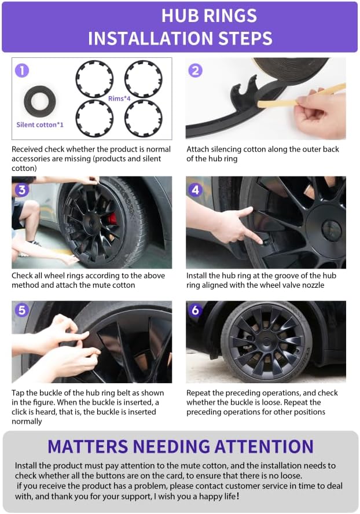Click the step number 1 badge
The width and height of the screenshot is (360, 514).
point(22,71)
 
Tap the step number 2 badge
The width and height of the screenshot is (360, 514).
point(196,71)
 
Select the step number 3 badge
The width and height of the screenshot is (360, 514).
point(22,190)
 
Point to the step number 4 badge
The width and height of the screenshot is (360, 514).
point(196,190)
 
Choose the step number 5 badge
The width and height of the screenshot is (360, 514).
point(22,310)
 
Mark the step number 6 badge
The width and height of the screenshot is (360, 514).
point(196,310)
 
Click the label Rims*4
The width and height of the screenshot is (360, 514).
point(119,98)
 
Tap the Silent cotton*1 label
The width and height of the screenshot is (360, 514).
point(40,124)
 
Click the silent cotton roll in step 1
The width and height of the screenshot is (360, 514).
point(40,101)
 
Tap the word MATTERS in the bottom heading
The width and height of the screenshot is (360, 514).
point(88,446)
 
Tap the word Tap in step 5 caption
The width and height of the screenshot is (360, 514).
point(18,393)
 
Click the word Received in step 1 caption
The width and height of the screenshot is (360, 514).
point(27,149)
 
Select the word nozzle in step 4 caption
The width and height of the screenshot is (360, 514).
point(311,285)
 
